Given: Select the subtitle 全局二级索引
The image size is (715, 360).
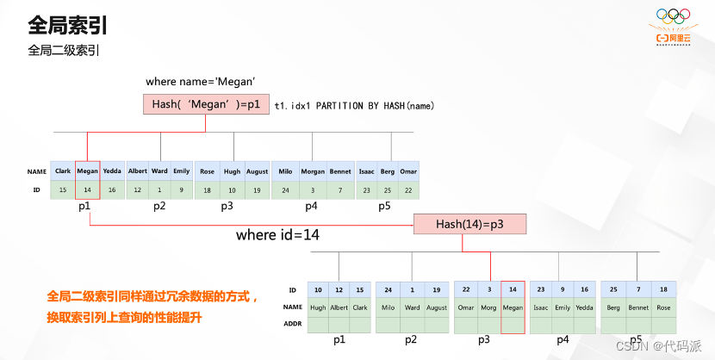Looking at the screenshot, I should [64, 50].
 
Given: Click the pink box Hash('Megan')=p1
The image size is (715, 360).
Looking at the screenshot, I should [205, 104].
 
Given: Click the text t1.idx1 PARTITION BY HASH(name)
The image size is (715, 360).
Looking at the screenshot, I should [353, 105].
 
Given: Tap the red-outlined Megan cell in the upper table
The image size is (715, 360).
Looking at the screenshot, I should [88, 171].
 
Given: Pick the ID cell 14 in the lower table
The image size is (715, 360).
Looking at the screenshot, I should [512, 289].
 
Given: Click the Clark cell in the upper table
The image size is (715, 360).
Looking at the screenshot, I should [62, 171].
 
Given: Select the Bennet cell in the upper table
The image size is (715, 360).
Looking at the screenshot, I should [339, 171].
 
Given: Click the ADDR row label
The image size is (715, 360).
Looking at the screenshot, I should [293, 323].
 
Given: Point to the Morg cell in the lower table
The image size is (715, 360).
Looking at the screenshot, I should [488, 307].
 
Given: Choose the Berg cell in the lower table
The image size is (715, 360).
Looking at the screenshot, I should [612, 307].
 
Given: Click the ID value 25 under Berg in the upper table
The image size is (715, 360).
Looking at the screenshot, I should [388, 189].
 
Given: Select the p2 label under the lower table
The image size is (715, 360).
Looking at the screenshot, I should [412, 340].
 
